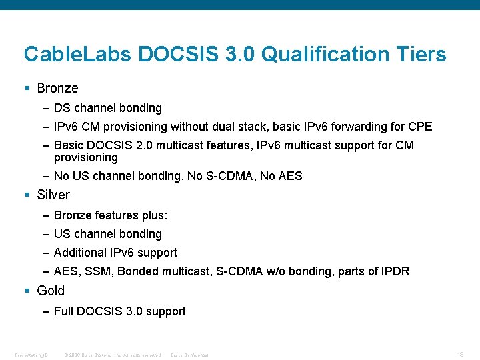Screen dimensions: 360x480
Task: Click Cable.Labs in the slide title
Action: tap(78, 54)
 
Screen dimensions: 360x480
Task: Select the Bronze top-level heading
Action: tap(57, 88)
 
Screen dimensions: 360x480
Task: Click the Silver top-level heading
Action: tap(53, 195)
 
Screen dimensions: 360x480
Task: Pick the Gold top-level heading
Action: tap(51, 291)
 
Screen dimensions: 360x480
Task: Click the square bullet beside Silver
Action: tap(27, 195)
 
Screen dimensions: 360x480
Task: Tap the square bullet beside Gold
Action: tap(27, 291)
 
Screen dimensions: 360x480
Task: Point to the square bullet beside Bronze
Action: tap(27, 89)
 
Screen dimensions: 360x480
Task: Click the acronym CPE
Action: tap(420, 127)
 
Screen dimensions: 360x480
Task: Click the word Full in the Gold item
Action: tap(63, 311)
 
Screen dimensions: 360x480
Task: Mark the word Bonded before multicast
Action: tap(139, 271)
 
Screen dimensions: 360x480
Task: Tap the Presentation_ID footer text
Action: tap(32, 355)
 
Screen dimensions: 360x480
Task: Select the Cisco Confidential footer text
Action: tap(190, 355)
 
